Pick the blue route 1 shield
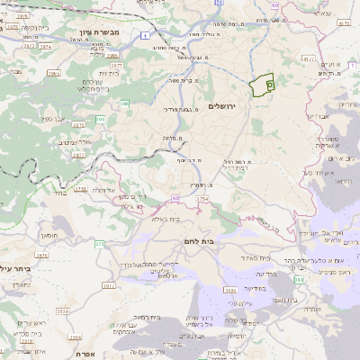pyautogui.click(x=145, y=34)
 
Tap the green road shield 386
pyautogui.click(x=125, y=105)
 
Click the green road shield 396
pyautogui.click(x=101, y=119)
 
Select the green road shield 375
pyautogui.click(x=98, y=243)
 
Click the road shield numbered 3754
pyautogui.click(x=202, y=198)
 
